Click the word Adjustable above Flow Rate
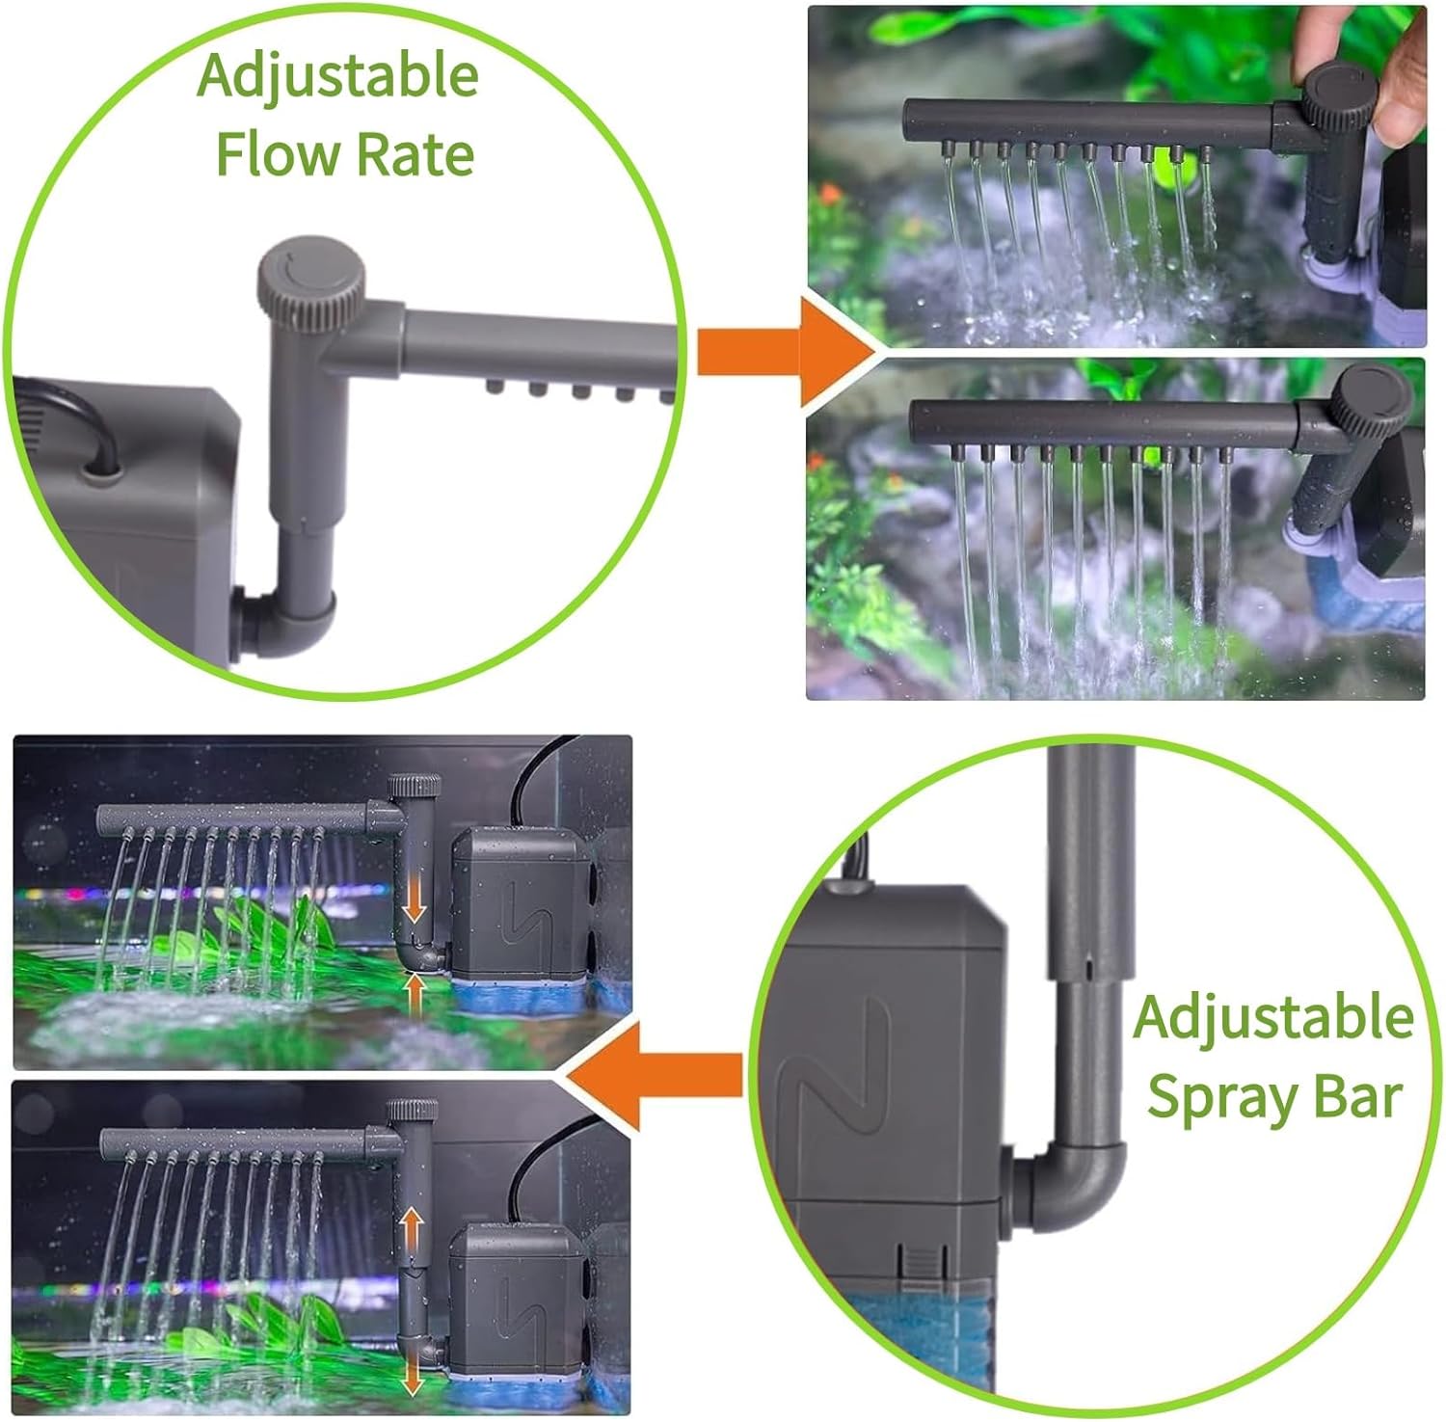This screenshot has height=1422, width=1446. click(x=337, y=77)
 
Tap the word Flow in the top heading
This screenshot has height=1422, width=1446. click(x=276, y=154)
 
